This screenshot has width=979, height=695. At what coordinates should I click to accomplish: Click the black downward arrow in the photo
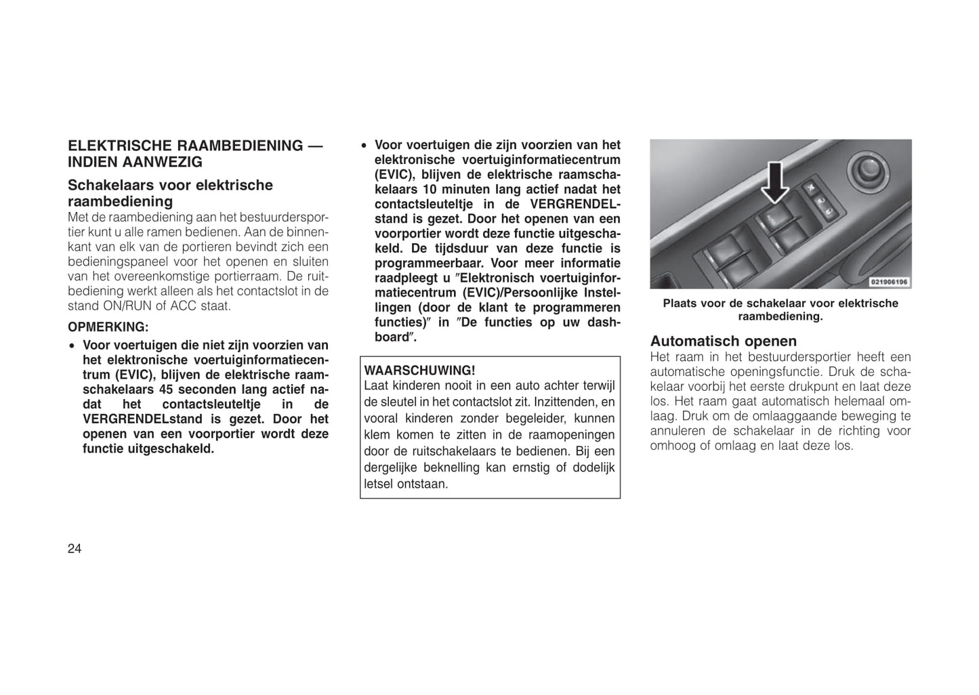pos(775,182)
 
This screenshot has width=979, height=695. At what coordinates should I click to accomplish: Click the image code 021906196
pos(890,282)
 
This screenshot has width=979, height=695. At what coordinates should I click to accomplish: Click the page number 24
pos(75,549)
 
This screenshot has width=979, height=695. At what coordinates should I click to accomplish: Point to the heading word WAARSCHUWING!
pos(420,371)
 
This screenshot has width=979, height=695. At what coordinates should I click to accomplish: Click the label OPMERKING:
pos(108,327)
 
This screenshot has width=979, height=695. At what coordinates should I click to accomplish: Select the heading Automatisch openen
pos(723,341)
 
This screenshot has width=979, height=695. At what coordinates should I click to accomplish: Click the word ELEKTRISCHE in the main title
pos(119,146)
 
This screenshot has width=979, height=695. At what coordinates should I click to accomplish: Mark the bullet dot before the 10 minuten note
pos(364,146)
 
